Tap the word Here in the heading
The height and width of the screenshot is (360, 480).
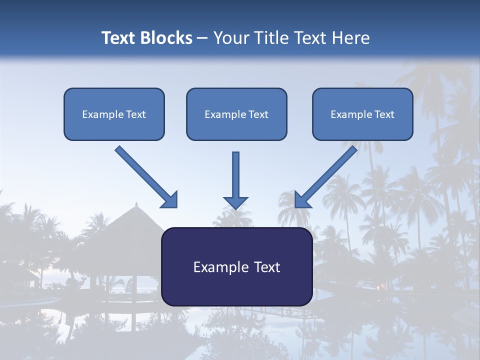pos(349,38)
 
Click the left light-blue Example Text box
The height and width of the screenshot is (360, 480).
pos(114,114)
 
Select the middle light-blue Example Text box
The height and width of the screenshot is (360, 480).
pos(236,114)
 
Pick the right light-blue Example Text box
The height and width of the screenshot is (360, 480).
pos(362,114)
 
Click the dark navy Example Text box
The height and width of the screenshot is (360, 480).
pos(236,266)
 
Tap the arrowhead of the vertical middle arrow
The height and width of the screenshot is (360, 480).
pos(235,202)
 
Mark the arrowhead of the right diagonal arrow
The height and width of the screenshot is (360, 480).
pos(301,200)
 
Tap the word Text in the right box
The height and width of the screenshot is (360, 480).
pos(384,114)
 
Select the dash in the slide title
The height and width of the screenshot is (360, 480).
pos(202,38)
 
